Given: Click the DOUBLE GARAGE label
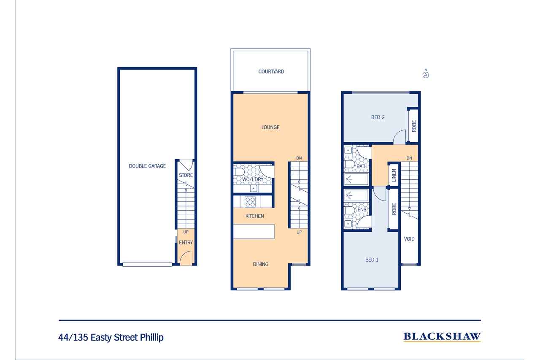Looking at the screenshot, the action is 147,166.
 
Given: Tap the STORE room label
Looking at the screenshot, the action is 186,175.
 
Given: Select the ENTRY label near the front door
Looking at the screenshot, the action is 186,243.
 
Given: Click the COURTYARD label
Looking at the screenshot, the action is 271,72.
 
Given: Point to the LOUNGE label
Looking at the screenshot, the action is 270,127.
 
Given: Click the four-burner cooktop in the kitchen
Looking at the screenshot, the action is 250,202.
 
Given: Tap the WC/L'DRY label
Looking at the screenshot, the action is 253,179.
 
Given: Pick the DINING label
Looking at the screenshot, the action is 261,264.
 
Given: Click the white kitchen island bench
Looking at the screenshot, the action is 254,231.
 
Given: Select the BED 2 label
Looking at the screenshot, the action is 378,117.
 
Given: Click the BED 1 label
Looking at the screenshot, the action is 372,260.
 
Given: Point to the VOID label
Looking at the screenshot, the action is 409,239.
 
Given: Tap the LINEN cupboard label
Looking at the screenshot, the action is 394,175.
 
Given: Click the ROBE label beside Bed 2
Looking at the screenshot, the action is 414,126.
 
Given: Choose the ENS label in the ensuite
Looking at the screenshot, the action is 362,210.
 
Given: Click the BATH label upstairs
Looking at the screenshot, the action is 362,166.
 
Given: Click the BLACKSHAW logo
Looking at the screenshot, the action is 442,337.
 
